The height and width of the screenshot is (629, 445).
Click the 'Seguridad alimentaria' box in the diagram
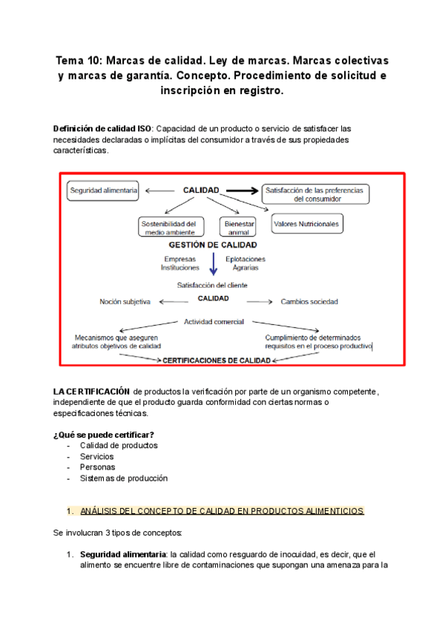103,191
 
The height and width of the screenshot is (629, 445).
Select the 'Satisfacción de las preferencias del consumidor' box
315,194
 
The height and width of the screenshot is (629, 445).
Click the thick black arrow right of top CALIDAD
240,191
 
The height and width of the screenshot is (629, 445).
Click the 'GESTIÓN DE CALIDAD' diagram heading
213,245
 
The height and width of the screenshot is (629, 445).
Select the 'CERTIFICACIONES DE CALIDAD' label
216,360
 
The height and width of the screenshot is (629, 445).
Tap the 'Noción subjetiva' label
125,302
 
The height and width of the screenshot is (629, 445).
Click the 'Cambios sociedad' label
309,302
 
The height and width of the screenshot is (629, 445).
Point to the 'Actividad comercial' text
215,321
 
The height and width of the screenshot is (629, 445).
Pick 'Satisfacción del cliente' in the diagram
212,285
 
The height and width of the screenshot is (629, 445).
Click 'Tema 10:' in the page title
81,59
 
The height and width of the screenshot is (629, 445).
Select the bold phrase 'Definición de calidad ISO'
102,128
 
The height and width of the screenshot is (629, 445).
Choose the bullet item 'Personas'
98,467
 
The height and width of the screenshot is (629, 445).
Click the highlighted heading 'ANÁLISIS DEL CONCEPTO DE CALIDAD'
221,511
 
